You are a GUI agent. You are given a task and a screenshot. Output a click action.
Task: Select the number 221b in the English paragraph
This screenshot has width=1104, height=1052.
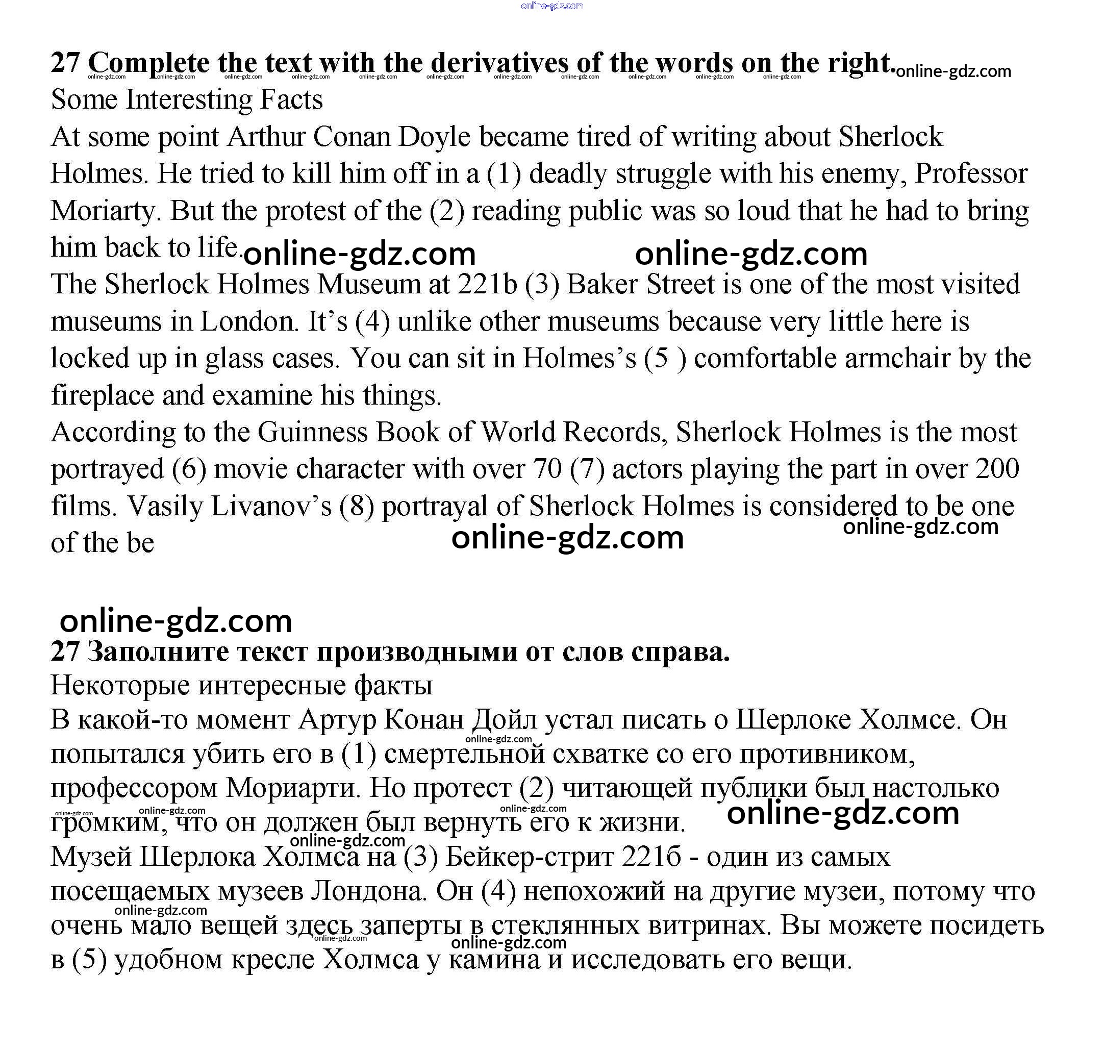coord(487,284)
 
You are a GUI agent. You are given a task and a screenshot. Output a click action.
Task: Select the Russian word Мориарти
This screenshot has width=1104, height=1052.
coord(292,787)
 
